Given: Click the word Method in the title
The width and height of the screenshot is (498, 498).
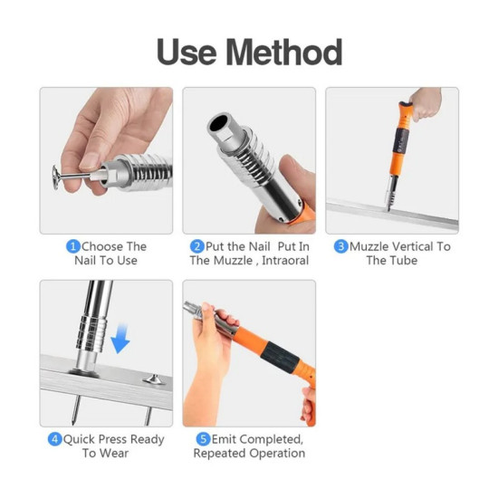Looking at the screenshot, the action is (284, 53).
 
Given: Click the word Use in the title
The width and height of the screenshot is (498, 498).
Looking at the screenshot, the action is (187, 53).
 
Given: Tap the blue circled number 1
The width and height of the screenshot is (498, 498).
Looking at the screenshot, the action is (73, 247).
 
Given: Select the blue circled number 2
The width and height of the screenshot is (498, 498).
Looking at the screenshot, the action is (196, 247).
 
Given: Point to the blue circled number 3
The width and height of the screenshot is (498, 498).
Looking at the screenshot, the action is (341, 247).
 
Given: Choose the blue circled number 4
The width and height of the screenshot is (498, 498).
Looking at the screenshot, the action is (54, 439).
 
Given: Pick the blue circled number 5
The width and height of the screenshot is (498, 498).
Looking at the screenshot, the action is (203, 439).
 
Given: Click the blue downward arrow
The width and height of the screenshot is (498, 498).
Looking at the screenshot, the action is (120, 339).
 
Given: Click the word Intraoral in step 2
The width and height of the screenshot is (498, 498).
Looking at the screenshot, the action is (285, 261).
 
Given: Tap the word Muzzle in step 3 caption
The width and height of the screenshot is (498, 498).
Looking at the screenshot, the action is (369, 247).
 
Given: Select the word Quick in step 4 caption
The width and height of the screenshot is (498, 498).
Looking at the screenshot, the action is (79, 439).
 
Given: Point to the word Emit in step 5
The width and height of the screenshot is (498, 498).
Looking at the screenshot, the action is (225, 439).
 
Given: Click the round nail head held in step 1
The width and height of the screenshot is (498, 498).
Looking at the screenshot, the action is (56, 177).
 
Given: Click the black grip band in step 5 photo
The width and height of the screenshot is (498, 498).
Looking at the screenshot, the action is (281, 357).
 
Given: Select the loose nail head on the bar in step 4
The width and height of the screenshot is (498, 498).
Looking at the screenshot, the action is (154, 379).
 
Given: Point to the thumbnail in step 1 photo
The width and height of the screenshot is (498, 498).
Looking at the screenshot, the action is (90, 162).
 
